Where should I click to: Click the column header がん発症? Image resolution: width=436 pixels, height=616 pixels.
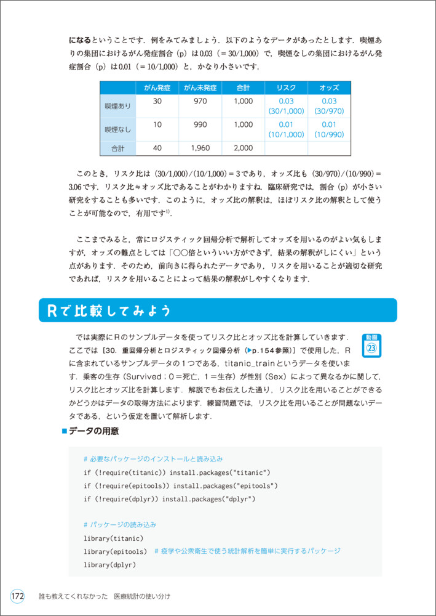tap(157, 88)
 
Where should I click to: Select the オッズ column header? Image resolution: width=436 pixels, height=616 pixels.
tap(329, 88)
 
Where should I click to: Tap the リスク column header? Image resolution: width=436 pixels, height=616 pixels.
tap(286, 88)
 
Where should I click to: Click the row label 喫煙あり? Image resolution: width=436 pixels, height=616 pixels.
tap(117, 106)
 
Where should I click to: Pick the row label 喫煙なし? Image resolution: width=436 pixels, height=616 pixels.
tap(117, 129)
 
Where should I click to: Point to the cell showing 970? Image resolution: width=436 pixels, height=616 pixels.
tap(200, 101)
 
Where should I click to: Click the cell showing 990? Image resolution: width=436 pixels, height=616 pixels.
tap(200, 124)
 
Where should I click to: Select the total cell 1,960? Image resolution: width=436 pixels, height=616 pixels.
tap(200, 148)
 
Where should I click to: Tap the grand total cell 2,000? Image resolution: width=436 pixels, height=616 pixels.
tap(244, 148)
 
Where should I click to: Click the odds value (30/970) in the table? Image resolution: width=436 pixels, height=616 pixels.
tap(329, 111)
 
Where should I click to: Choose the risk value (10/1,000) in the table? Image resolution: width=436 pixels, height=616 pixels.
tap(286, 134)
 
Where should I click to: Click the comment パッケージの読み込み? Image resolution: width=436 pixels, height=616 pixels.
tap(120, 525)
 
